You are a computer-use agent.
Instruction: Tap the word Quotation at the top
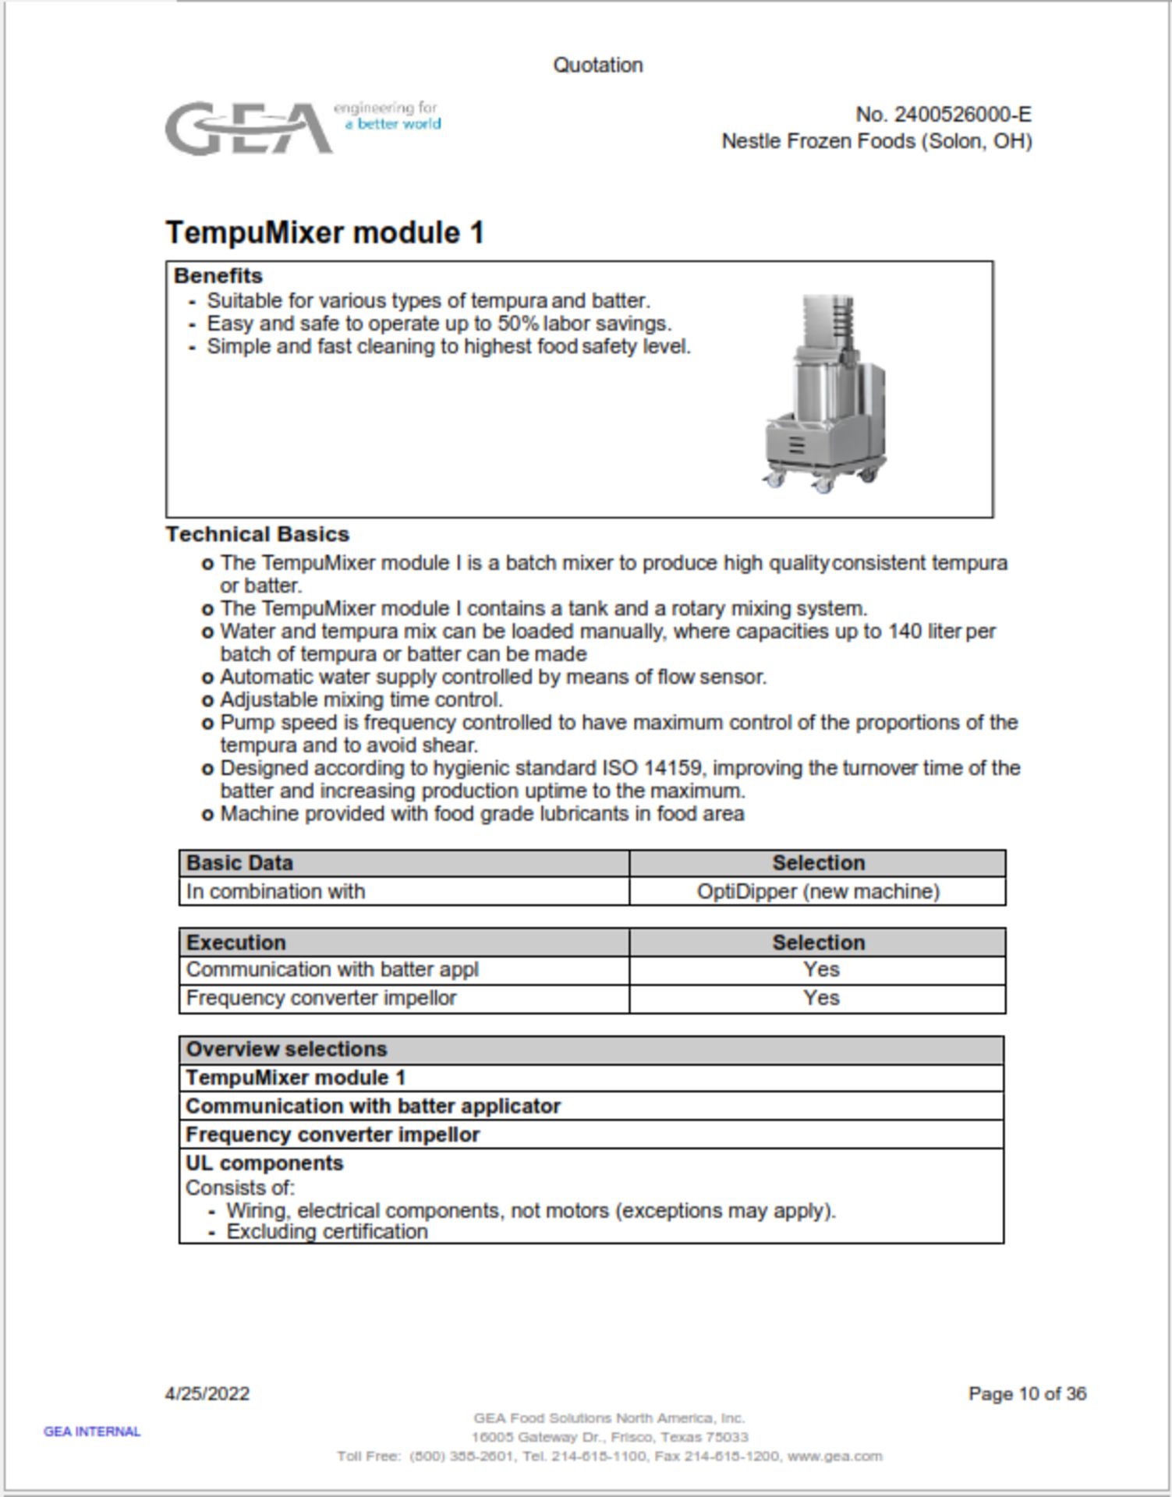[597, 65]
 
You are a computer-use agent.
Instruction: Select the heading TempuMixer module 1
[324, 232]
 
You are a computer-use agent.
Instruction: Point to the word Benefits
[218, 276]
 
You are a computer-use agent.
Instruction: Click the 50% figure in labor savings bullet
[519, 324]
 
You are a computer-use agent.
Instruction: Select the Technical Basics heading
[257, 534]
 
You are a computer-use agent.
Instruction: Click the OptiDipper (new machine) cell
[817, 891]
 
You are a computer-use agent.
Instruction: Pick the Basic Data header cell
[239, 863]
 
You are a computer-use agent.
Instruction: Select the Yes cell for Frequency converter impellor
[820, 998]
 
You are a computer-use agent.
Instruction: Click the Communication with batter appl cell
[331, 969]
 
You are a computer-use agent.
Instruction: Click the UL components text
[264, 1163]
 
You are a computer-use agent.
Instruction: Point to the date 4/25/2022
[207, 1393]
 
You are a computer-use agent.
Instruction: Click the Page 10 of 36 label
[1026, 1393]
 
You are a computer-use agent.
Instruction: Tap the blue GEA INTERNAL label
[92, 1432]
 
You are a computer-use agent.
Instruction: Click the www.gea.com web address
[834, 1456]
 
